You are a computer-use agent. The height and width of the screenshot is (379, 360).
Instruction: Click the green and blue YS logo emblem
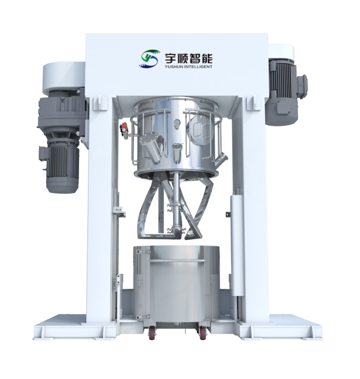149,58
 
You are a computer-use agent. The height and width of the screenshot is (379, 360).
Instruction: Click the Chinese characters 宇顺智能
188,58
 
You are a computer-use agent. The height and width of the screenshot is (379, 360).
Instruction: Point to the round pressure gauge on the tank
178,123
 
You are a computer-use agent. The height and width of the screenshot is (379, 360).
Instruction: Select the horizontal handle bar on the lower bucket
177,260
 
